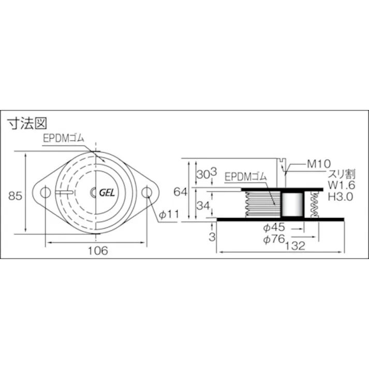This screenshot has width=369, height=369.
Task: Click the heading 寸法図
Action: pyautogui.click(x=26, y=124)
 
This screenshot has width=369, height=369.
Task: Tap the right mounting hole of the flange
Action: pyautogui.click(x=147, y=193)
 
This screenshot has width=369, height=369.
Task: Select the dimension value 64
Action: pyautogui.click(x=181, y=191)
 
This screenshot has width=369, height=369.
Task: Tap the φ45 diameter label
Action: pyautogui.click(x=274, y=227)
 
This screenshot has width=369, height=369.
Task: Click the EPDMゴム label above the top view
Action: pyautogui.click(x=66, y=139)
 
